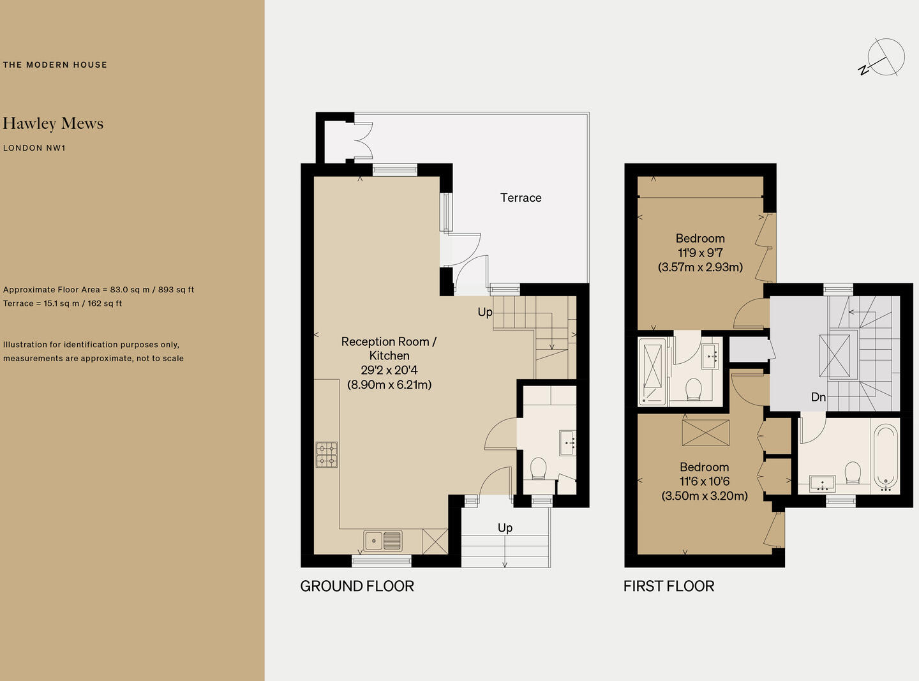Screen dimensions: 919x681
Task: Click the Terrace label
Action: [x=520, y=198]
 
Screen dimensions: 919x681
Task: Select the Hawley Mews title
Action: [x=53, y=124]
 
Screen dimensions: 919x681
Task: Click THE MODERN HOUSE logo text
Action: [x=55, y=64]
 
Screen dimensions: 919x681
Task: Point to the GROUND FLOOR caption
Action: [x=357, y=586]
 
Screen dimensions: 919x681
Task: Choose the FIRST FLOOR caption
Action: [x=669, y=586]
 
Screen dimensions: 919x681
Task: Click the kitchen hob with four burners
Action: [x=327, y=454]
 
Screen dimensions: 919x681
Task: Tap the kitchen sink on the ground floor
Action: [x=383, y=541]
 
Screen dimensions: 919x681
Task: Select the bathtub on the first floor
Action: [x=886, y=458]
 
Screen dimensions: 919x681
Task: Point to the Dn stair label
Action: [x=818, y=397]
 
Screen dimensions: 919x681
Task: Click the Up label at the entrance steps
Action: [x=505, y=528]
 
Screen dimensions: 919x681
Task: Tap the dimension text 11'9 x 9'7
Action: [x=700, y=252]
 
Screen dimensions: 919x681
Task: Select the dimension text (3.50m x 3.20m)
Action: [x=705, y=496]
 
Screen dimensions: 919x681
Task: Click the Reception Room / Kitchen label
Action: [x=389, y=348]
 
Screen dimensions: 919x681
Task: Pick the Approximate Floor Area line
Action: [x=99, y=290]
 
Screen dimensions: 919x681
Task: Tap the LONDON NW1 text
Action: [x=34, y=148]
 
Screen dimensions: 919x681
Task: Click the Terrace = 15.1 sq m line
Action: [x=63, y=303]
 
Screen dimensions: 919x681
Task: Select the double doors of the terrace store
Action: [x=363, y=141]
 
